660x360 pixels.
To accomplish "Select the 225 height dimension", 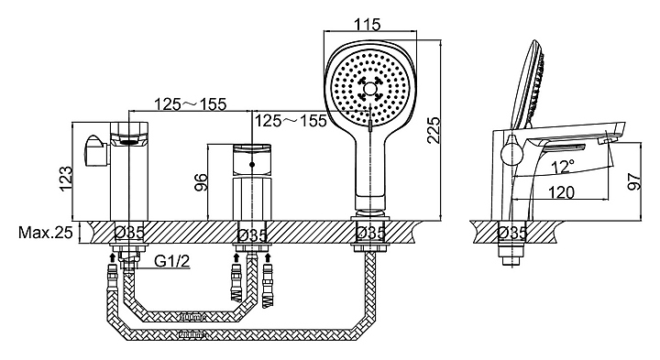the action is (x=433, y=130).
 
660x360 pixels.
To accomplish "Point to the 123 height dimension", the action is (x=66, y=179).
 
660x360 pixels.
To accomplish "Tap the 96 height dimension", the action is (x=202, y=182).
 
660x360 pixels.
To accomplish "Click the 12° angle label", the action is (x=563, y=167).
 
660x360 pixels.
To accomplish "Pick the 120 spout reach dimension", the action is (x=562, y=192).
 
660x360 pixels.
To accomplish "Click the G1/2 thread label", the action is (x=172, y=261).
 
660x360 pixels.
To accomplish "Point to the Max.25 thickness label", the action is (x=46, y=232).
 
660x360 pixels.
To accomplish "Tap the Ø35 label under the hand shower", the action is (x=370, y=233).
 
